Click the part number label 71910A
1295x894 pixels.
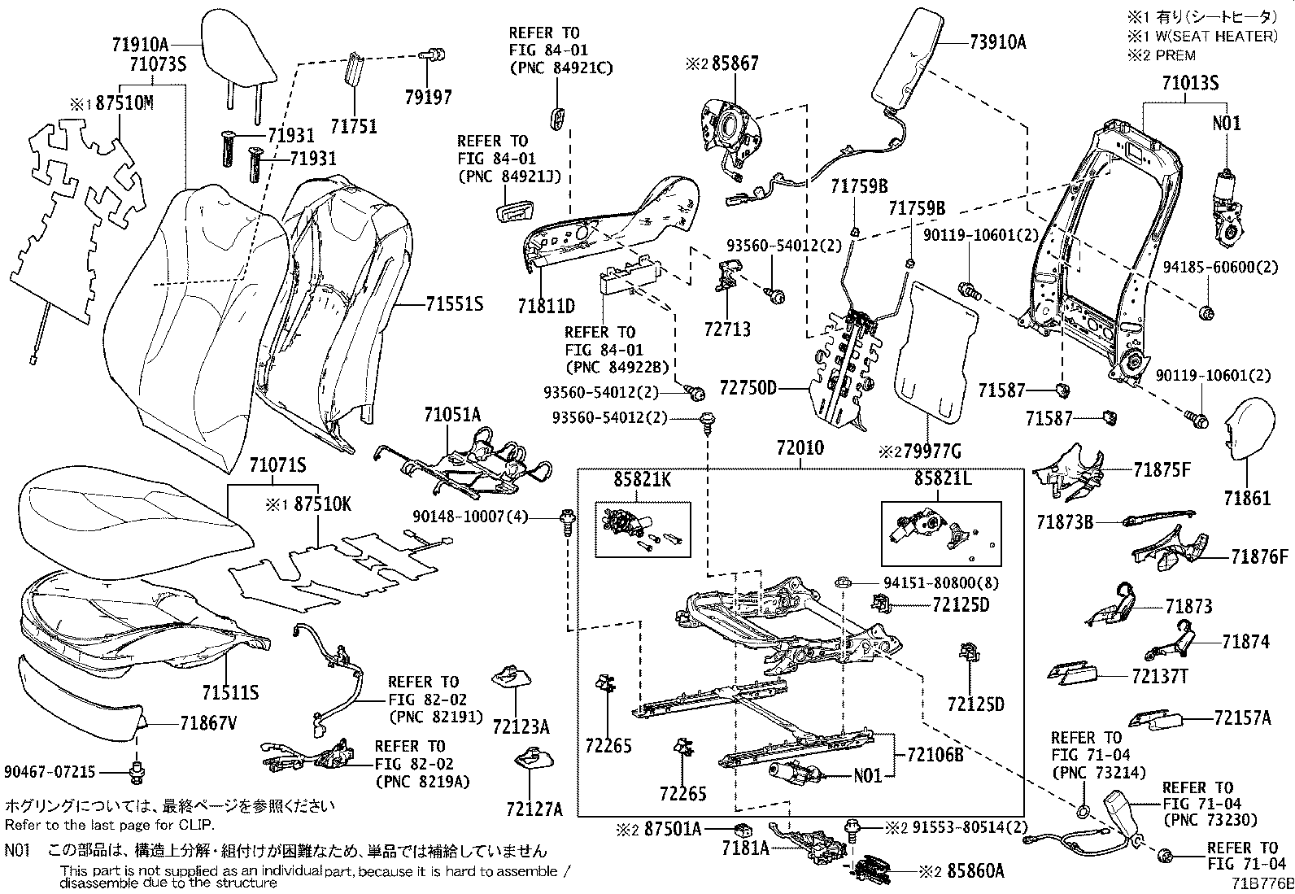point(141,46)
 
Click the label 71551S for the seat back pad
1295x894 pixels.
point(454,304)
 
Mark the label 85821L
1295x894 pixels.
point(942,480)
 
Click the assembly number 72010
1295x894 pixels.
point(800,448)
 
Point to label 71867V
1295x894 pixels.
point(208,722)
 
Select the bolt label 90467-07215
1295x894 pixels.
point(50,770)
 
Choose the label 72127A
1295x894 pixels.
point(534,809)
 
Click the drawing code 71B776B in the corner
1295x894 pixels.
point(1261,883)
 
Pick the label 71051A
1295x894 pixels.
point(452,416)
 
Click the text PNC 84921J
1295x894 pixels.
point(510,176)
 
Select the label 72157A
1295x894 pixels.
point(1242,718)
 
